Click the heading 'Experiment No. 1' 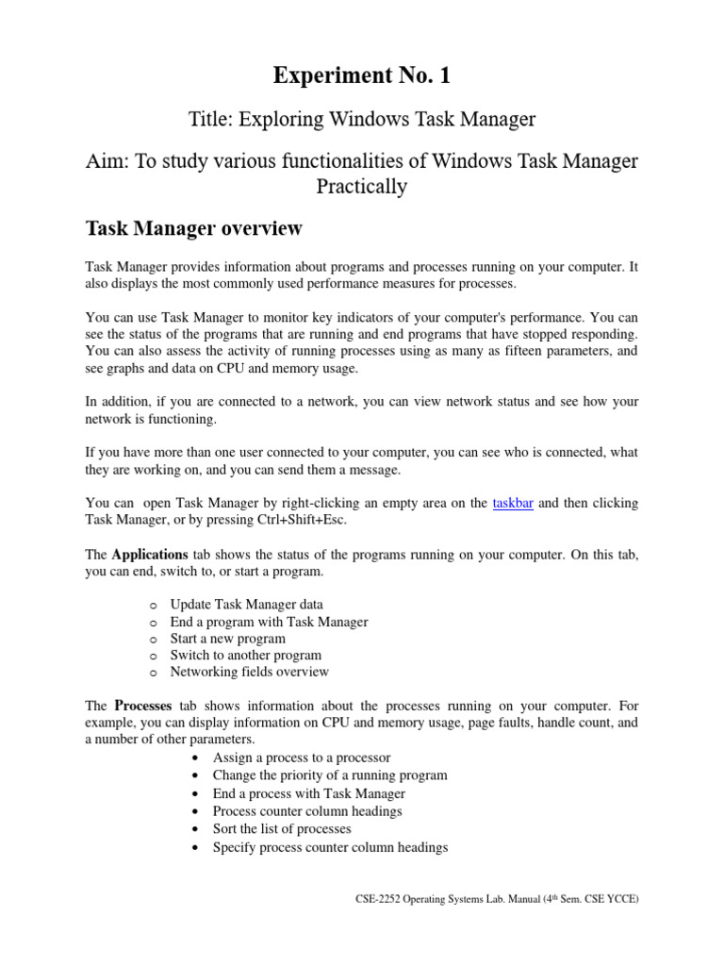[x=362, y=75]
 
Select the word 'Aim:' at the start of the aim [x=107, y=162]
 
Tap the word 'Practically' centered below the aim [x=362, y=187]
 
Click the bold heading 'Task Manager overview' [x=193, y=228]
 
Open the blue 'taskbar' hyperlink [x=513, y=504]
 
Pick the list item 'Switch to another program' [x=245, y=655]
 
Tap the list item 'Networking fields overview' [x=249, y=672]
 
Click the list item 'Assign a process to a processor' [x=302, y=758]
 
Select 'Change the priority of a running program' [x=330, y=775]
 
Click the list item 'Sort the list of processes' [x=282, y=828]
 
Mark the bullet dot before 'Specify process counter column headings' [x=193, y=847]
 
